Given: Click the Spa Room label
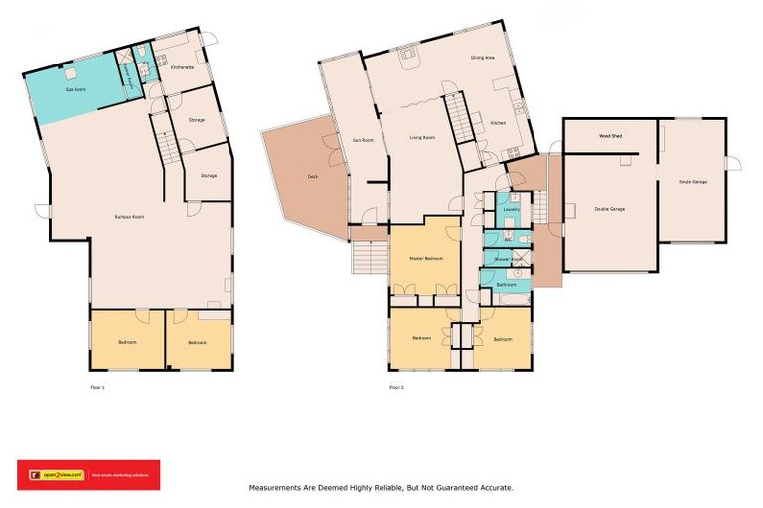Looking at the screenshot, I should pos(74,89).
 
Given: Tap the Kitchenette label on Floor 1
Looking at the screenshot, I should pos(181,67).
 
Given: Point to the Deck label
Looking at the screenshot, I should pos(312,176).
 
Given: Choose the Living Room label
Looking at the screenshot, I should pos(423,137).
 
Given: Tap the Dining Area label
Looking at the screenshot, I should pos(483,58).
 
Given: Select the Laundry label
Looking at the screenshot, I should pos(513,209).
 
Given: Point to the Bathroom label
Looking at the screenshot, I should pos(506,284).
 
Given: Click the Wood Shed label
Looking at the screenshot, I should pos(610,135).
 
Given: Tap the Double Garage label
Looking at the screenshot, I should pos(610,208).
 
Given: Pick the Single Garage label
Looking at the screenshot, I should pos(693,182).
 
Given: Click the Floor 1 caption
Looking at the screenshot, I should pos(97,386).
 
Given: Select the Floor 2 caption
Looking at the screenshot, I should pos(396,386).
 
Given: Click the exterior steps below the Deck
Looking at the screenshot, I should pos(368,258).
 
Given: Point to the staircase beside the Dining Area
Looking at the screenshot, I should pos(455,116).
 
